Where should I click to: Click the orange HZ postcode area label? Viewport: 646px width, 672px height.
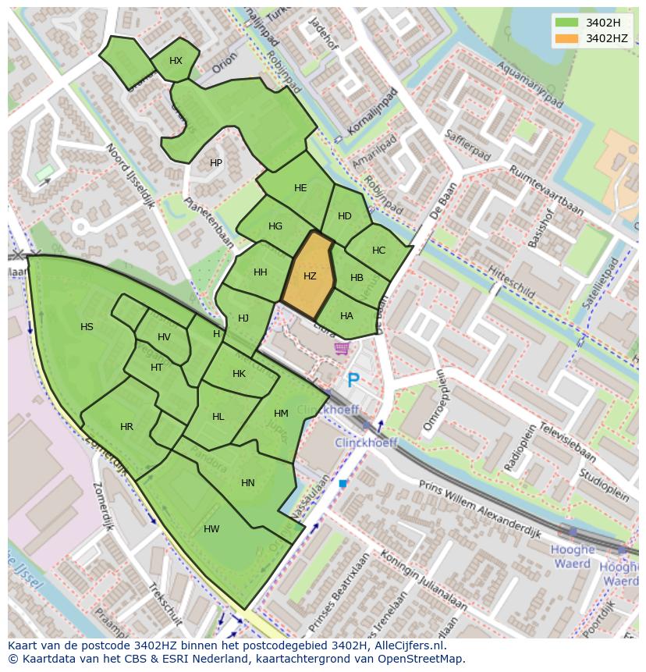tap(310, 276)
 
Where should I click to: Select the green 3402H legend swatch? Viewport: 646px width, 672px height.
tap(566, 23)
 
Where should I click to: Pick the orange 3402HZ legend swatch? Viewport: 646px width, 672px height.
tap(566, 38)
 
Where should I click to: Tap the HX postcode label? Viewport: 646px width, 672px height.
tap(176, 61)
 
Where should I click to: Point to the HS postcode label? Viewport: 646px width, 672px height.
tap(87, 327)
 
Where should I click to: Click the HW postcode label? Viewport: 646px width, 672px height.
tap(211, 529)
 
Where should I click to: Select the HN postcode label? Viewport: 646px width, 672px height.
tap(248, 483)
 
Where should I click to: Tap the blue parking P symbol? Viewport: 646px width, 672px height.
tap(353, 380)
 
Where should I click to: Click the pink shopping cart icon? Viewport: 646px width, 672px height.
tap(341, 348)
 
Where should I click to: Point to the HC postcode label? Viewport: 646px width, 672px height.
tap(378, 251)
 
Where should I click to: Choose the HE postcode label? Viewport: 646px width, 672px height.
tap(300, 188)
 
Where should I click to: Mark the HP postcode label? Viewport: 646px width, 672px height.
tap(216, 163)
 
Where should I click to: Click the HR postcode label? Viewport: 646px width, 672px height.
tap(127, 427)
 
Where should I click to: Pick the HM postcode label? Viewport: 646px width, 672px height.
tap(281, 414)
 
